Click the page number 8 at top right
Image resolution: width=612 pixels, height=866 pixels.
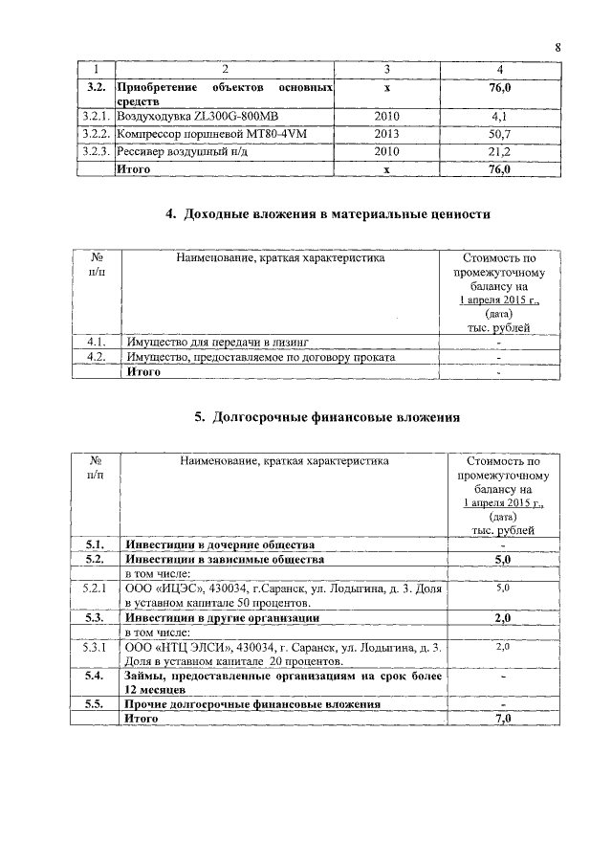[557, 48]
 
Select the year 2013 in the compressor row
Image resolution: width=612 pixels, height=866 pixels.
[386, 134]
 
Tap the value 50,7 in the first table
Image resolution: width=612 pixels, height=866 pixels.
[497, 134]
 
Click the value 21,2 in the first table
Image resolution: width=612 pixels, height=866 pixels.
[497, 151]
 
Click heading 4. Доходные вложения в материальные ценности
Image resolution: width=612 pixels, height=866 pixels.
[328, 214]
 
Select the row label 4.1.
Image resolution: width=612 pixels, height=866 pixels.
[95, 341]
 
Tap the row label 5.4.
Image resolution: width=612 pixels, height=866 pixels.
[94, 677]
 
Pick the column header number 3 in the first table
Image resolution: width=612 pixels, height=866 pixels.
[386, 69]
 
